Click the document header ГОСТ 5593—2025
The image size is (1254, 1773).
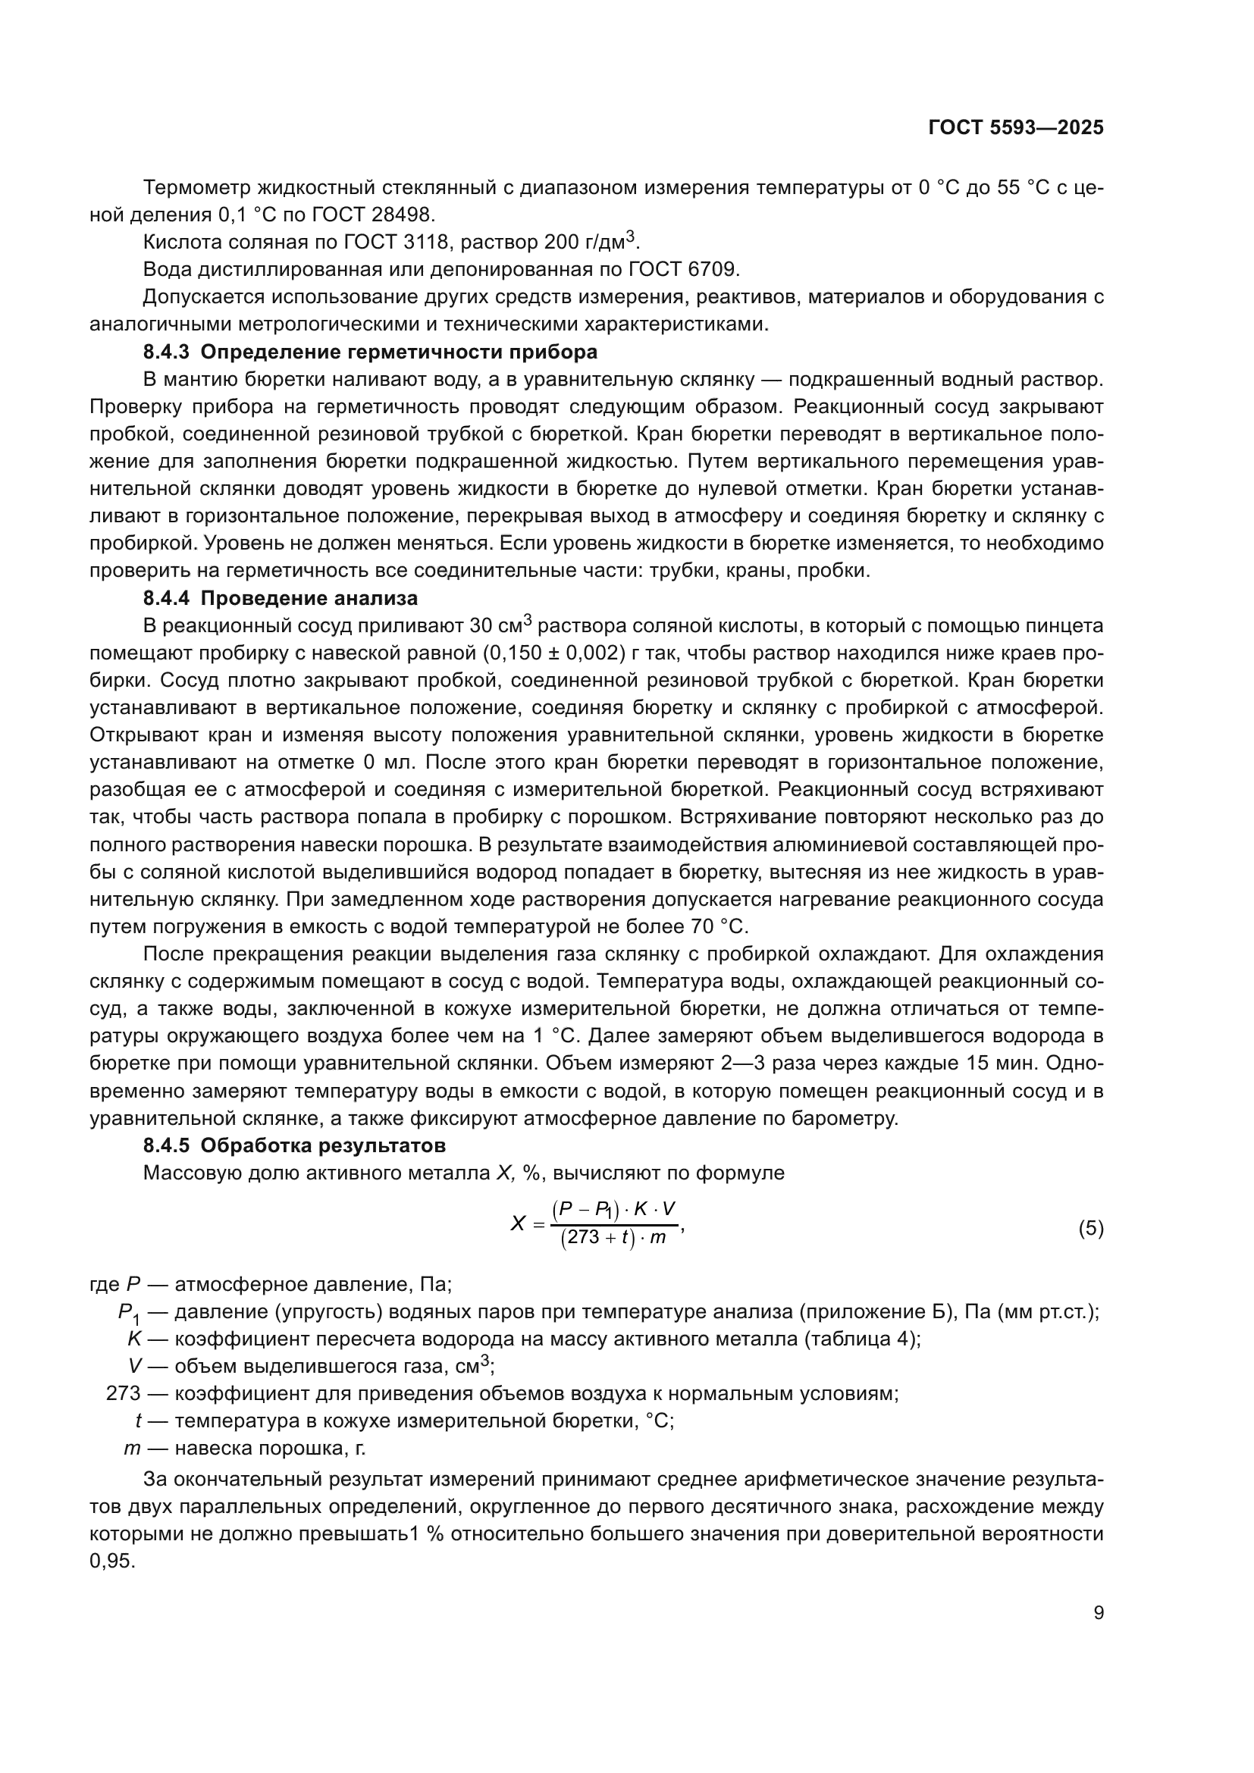tap(1015, 128)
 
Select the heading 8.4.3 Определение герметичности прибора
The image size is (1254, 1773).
tap(370, 352)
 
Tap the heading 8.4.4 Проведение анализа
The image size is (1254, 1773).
tap(281, 597)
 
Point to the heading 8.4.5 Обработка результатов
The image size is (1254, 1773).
tap(294, 1145)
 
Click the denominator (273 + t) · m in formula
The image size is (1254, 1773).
tap(613, 1239)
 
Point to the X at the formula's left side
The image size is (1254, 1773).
tap(517, 1224)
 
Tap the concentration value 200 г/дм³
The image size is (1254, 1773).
tap(591, 242)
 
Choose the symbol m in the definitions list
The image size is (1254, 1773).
tap(131, 1449)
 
